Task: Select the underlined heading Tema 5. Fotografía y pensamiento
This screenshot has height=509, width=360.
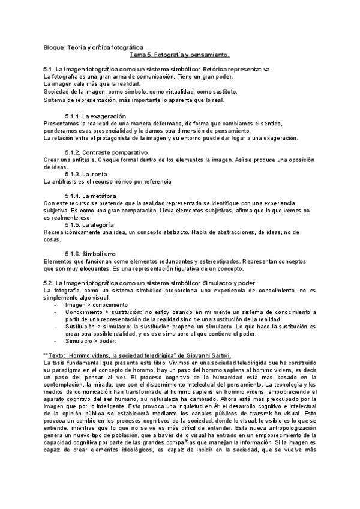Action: click(179, 55)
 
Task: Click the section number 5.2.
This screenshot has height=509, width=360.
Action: click(49, 282)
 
